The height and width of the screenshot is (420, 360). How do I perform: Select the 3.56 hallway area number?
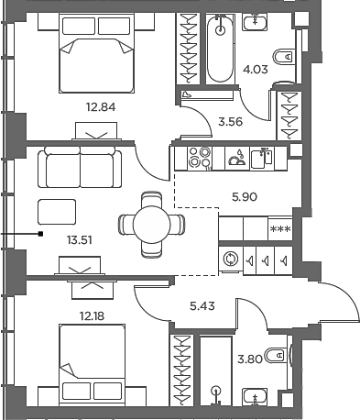pyautogui.click(x=227, y=119)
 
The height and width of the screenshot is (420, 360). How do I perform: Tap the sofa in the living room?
pyautogui.click(x=80, y=168)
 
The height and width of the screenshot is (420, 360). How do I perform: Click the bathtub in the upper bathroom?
pyautogui.click(x=221, y=50)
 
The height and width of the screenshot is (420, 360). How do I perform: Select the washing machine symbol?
pyautogui.click(x=230, y=260)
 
